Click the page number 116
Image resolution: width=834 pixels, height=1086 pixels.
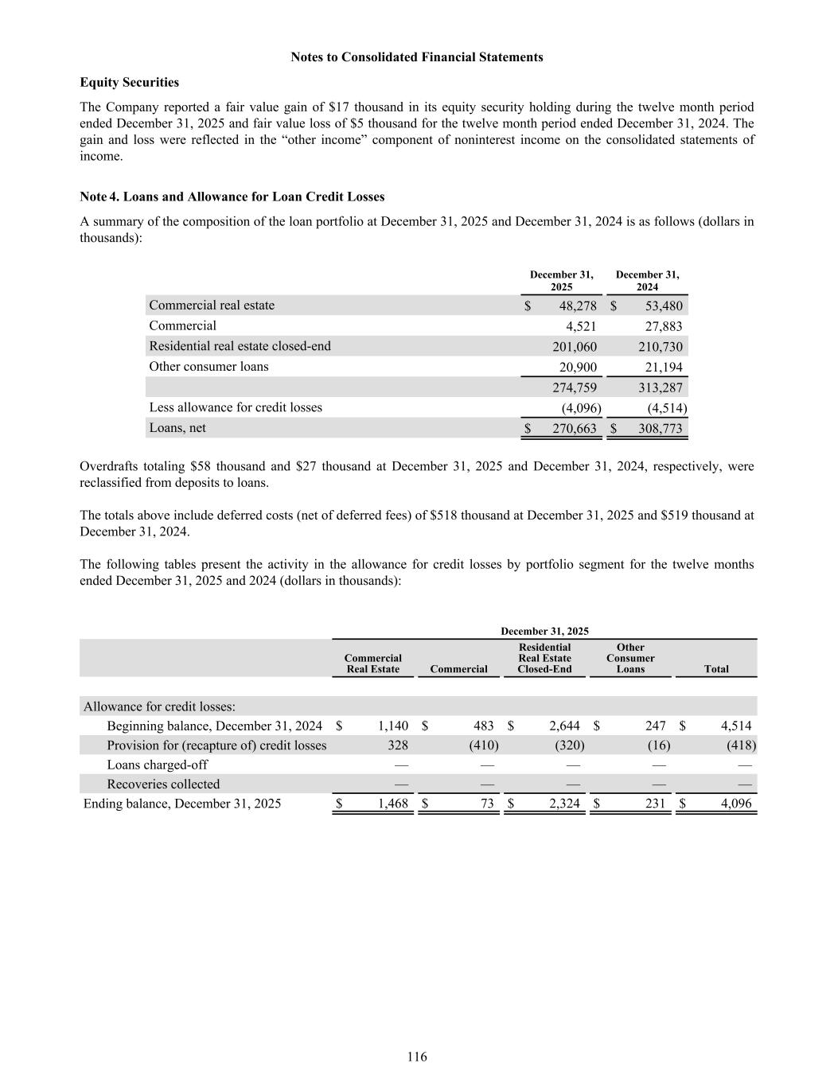coord(417,1057)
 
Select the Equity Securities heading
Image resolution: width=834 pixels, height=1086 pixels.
coord(130,83)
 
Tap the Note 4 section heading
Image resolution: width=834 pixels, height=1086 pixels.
coord(232,197)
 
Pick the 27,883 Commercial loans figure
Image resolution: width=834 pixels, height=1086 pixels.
coord(662,326)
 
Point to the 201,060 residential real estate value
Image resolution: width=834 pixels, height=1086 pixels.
coord(575,347)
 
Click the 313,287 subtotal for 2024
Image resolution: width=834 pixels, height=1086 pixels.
coord(661,388)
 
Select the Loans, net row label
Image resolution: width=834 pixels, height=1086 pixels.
coord(177,428)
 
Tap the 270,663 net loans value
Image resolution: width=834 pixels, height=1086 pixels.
coord(575,429)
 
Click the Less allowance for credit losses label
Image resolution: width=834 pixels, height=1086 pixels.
coord(236,407)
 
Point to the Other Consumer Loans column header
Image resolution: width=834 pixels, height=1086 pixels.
coord(630,658)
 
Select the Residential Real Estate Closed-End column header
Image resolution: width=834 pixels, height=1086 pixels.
coord(544,658)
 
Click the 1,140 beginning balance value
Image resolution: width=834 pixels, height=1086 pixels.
coord(392,726)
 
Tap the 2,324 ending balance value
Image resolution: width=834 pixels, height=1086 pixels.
coord(564,804)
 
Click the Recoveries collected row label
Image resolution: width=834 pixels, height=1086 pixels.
coord(163,784)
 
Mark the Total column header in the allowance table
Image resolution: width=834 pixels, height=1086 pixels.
coord(716,669)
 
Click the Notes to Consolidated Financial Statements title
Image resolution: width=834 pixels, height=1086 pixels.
coord(417,57)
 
